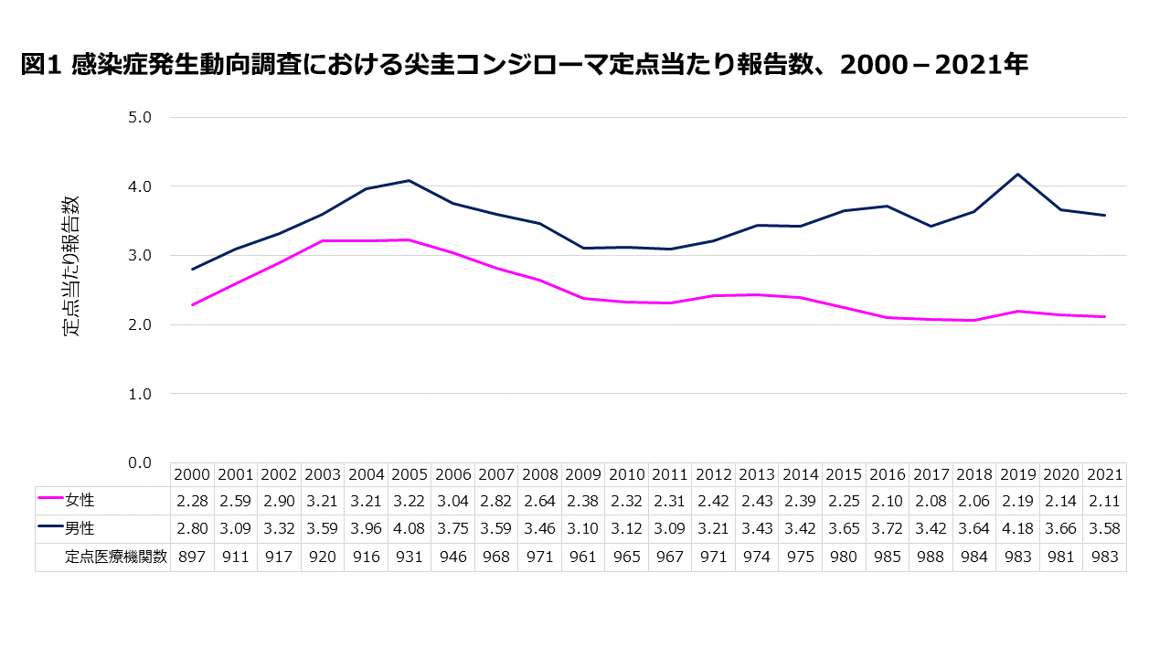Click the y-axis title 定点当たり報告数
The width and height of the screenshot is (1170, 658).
[x=71, y=266]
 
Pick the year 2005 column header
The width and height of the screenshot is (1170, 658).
[x=409, y=475]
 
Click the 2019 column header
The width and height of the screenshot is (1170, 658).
[x=1017, y=475]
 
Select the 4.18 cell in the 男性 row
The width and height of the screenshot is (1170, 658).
[x=1017, y=529]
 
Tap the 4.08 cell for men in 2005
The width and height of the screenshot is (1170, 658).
[x=409, y=529]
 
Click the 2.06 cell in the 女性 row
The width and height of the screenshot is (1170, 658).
[x=974, y=501]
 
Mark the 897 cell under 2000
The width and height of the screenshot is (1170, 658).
[x=192, y=557]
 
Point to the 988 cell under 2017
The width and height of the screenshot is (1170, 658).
[x=931, y=557]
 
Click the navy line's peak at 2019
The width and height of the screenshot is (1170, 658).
[x=1017, y=175]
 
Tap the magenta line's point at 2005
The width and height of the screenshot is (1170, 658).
[x=409, y=240]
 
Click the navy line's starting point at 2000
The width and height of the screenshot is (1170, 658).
[x=192, y=269]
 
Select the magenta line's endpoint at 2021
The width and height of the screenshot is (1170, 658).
[x=1104, y=317]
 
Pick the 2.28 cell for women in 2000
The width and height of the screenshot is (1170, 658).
[x=192, y=501]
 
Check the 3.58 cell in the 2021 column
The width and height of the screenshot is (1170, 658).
[x=1104, y=529]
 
